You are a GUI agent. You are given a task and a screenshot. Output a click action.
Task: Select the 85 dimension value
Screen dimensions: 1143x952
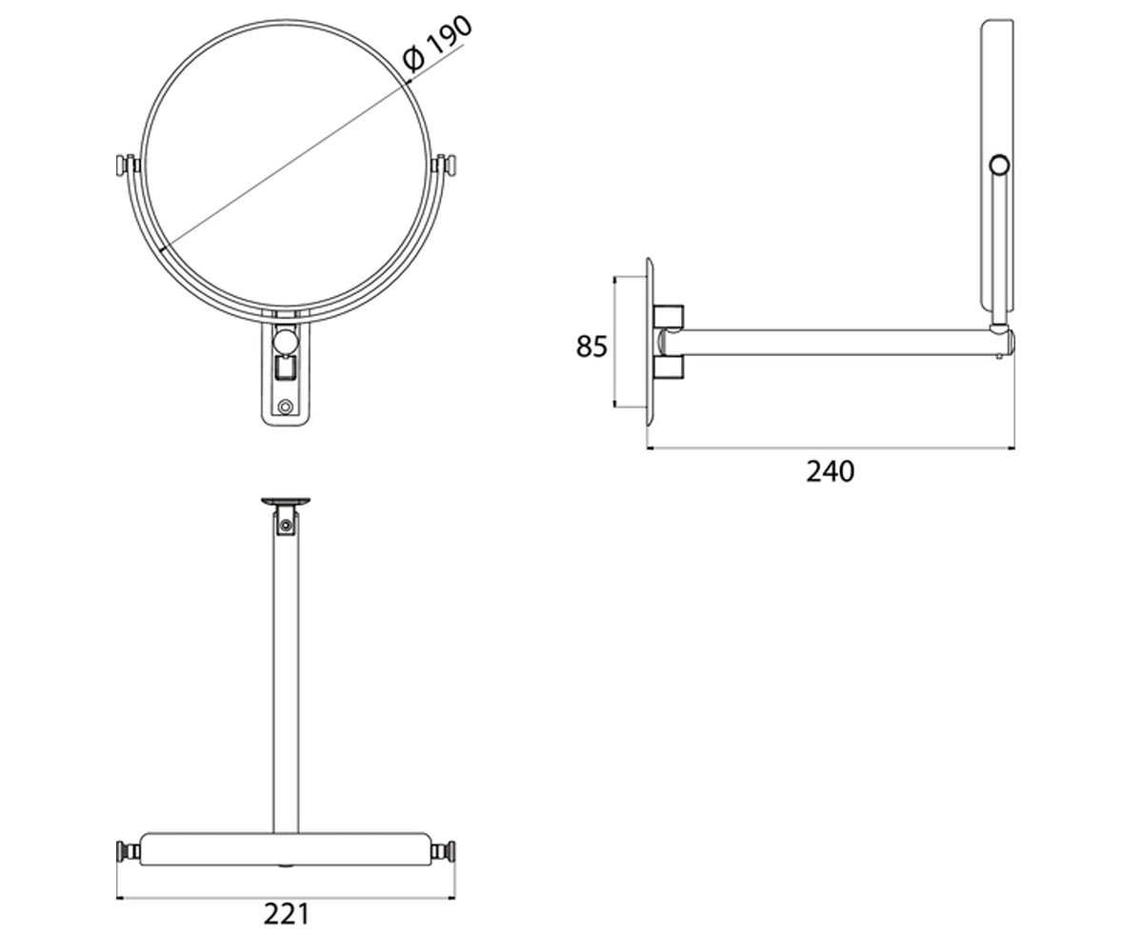coord(592,347)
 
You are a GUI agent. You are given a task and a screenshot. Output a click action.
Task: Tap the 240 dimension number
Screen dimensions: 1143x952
coord(830,471)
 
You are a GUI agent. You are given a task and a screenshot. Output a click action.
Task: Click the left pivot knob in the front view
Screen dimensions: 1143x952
coord(126,166)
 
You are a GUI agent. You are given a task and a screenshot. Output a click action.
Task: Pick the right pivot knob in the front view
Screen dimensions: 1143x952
coord(445,166)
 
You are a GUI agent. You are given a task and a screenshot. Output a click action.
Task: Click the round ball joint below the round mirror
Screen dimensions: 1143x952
coord(285,340)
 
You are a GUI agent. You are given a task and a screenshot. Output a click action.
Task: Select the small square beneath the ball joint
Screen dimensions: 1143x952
coord(285,367)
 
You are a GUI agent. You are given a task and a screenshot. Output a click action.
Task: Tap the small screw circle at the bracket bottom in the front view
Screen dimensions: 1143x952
coord(285,407)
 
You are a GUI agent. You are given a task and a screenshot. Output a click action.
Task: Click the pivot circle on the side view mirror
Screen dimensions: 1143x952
coord(1000,165)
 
